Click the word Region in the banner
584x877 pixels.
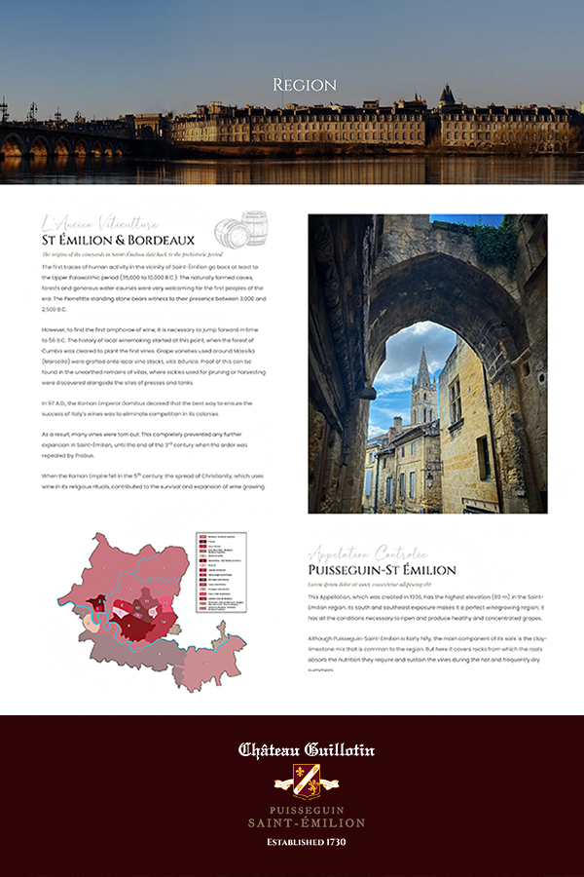(x=305, y=85)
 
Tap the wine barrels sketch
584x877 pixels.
(x=241, y=231)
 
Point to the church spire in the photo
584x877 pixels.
(x=422, y=375)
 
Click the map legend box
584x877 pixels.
(x=221, y=571)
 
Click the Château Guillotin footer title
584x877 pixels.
(x=307, y=750)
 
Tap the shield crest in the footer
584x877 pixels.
(x=307, y=781)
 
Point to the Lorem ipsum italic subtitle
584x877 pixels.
(x=356, y=584)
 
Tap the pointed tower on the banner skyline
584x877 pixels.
(x=447, y=95)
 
